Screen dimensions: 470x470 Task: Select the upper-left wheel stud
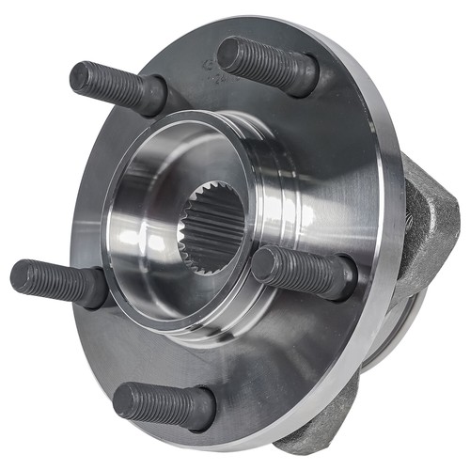[117, 86]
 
